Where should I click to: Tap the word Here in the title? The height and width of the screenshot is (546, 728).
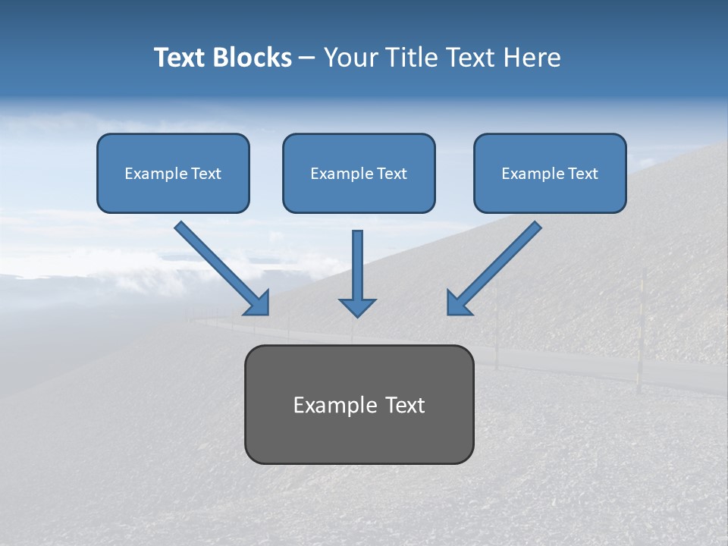point(534,58)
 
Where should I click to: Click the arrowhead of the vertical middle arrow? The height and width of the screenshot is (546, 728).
point(357,308)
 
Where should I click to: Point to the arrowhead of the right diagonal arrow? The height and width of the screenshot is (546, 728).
point(458,303)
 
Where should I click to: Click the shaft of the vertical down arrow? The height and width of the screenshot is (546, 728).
point(357,262)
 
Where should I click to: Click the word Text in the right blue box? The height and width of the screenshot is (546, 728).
point(584,174)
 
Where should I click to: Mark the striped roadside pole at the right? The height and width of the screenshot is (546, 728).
point(641,334)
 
